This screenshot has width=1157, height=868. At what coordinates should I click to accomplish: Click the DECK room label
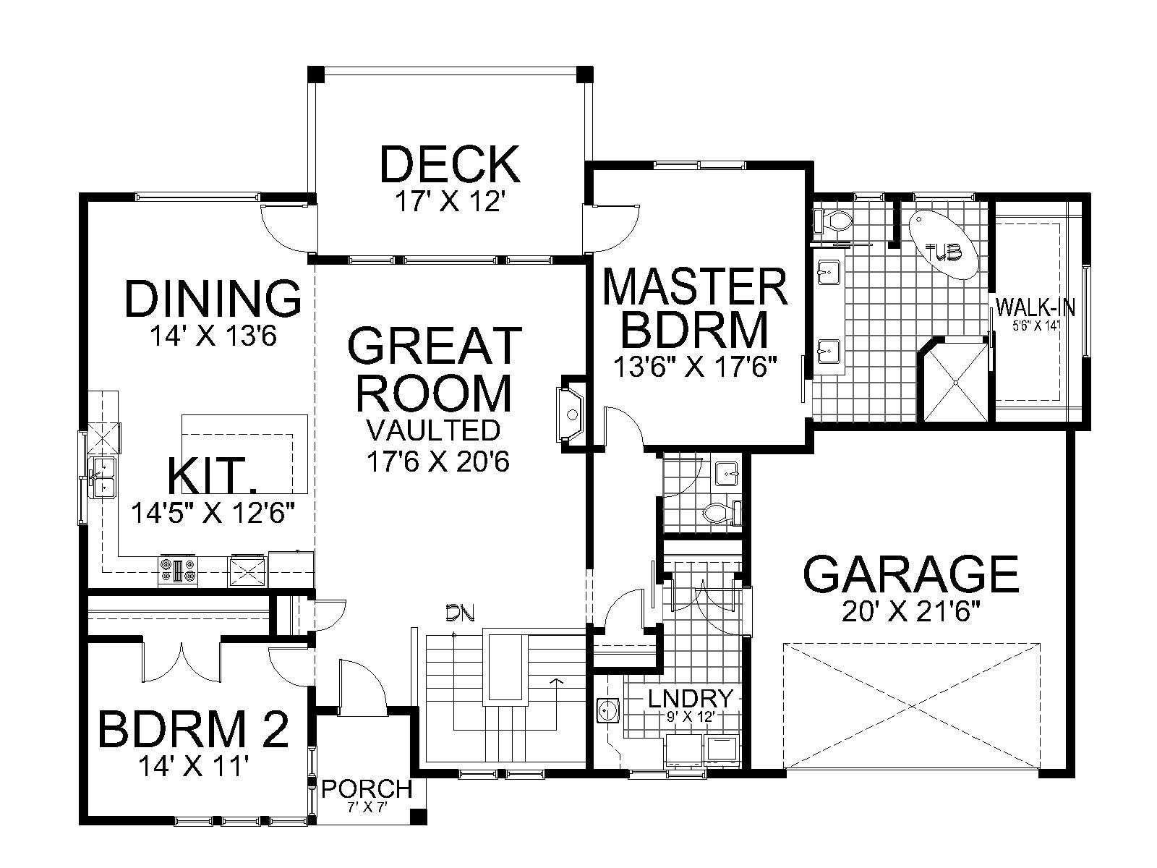tap(451, 164)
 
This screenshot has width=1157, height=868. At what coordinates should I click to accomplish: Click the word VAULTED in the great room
tap(433, 430)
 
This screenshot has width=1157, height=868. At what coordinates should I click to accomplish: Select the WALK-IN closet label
tap(1036, 306)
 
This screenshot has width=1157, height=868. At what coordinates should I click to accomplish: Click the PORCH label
tap(367, 789)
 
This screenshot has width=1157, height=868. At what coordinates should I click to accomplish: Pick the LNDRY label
tap(691, 699)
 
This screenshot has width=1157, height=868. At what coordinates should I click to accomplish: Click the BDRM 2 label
tap(194, 729)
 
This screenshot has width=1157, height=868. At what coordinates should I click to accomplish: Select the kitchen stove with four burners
tap(178, 570)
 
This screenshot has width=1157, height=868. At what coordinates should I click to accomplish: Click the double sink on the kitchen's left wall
tap(104, 477)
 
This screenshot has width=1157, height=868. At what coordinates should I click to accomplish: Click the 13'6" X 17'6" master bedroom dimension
tap(696, 367)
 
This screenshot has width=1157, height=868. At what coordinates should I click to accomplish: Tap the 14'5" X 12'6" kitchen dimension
tap(213, 513)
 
